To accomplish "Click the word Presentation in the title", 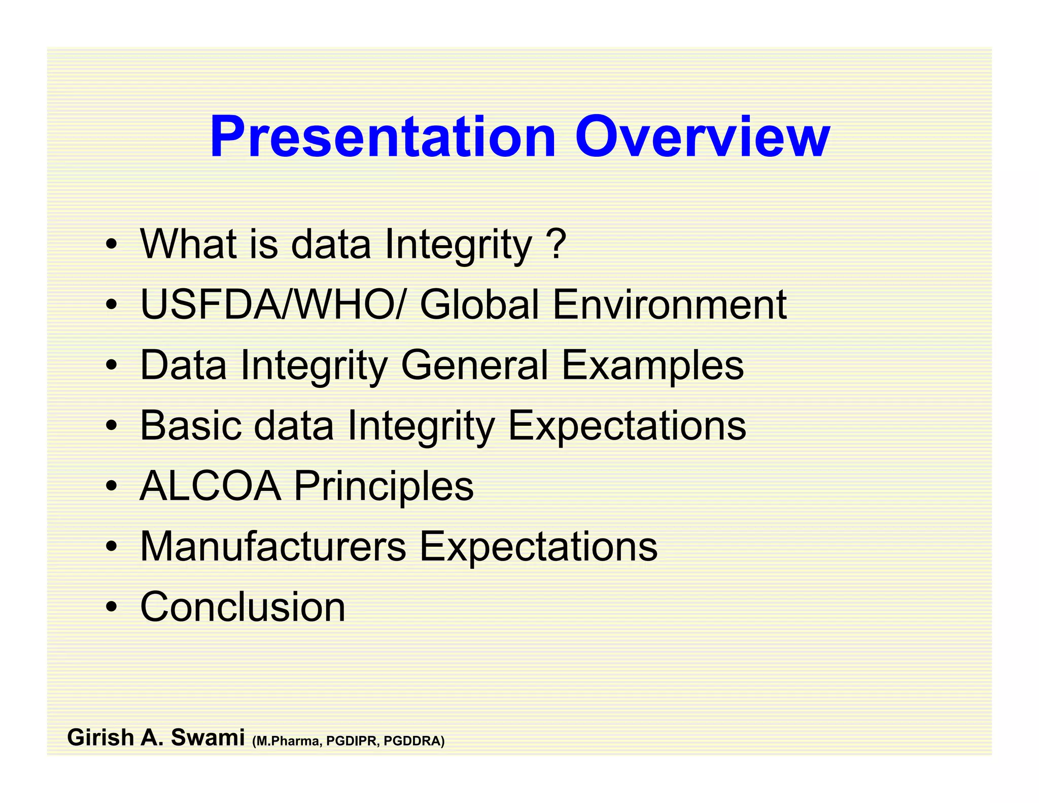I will coord(383,137).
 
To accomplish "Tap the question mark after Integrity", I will coord(557,244).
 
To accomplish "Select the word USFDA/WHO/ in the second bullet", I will coord(272,305).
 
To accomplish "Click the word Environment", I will coord(669,305).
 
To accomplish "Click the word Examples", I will coord(652,365).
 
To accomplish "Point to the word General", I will coord(475,365).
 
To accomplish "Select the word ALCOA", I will coord(210,486).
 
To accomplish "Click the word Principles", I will coord(384,487).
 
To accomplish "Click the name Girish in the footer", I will coord(100,738).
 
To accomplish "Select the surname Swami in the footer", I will coord(207,738).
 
